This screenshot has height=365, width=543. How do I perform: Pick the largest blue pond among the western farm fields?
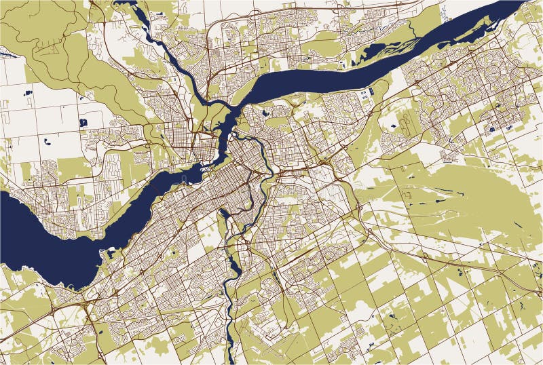(x=83, y=123)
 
